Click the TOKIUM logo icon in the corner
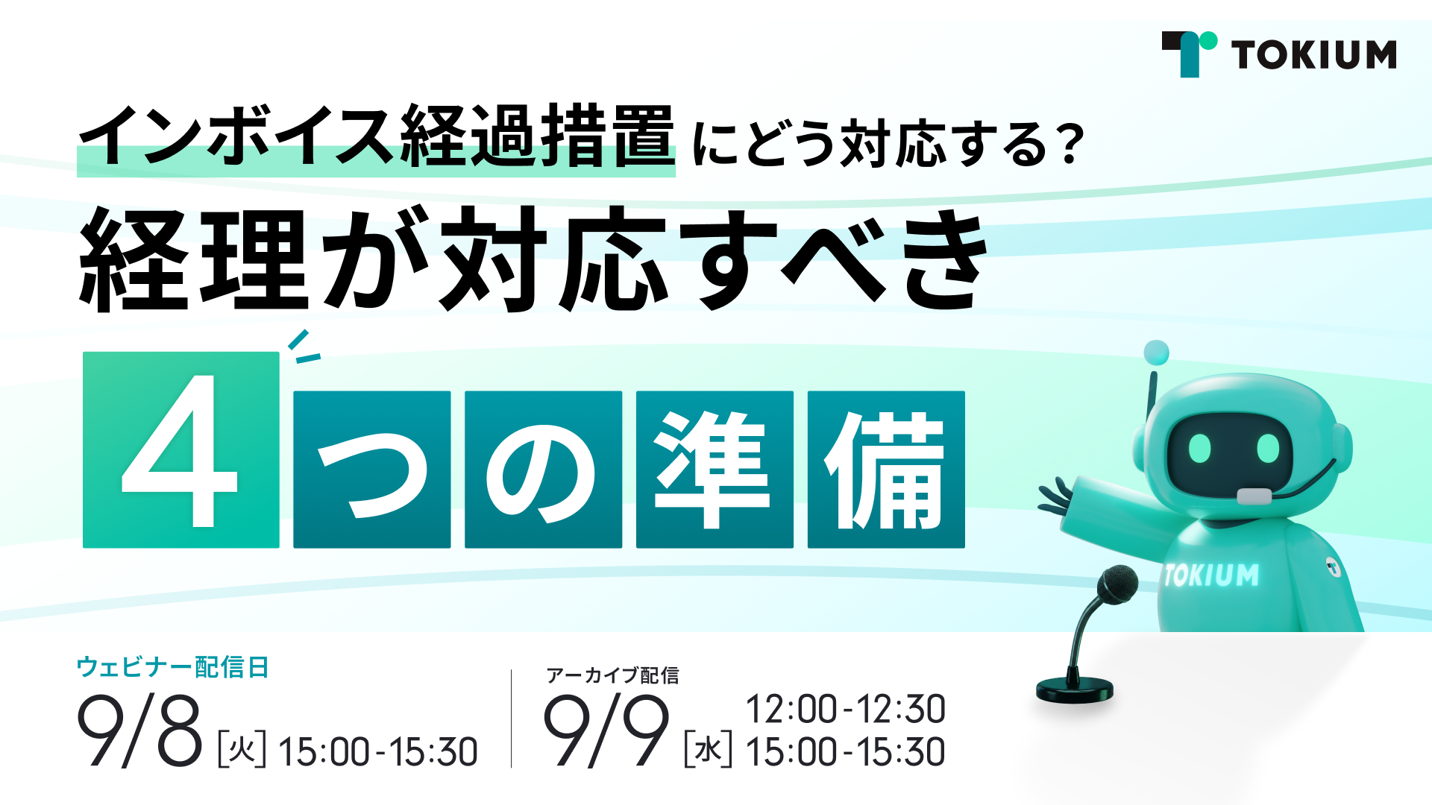[1189, 54]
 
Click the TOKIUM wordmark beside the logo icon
[1314, 55]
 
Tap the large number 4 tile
[181, 450]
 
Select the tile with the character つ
[372, 470]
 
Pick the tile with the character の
[544, 470]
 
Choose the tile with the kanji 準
[715, 470]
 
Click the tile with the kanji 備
[886, 470]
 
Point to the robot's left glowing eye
[1199, 447]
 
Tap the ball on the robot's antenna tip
[1156, 353]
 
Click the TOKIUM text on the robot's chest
[1211, 575]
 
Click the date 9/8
[140, 730]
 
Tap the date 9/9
[606, 730]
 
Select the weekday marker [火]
[242, 750]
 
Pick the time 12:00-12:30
[846, 709]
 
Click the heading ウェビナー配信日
[172, 667]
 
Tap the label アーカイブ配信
[612, 675]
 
